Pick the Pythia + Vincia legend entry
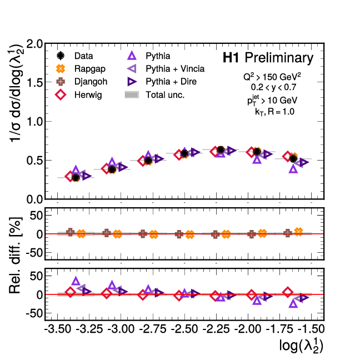(x=174, y=69)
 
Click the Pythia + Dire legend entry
(x=171, y=82)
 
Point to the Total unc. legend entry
(x=164, y=95)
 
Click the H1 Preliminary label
(x=268, y=58)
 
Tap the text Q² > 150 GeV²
(x=272, y=76)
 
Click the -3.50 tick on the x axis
(x=58, y=329)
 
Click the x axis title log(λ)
(x=301, y=346)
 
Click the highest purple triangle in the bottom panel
(x=76, y=282)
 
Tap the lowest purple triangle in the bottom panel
(x=293, y=303)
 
